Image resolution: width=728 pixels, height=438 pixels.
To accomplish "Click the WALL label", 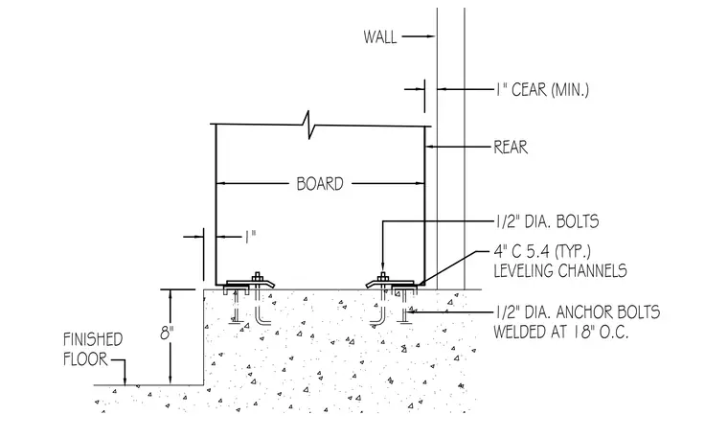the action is point(379,36).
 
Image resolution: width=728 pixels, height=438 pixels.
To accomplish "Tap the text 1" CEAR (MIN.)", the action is point(542,89).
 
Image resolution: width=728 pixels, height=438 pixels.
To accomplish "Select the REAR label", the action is point(511,148).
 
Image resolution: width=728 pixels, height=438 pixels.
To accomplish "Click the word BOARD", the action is point(320,184).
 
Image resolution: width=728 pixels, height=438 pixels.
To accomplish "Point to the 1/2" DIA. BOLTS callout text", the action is point(546,221).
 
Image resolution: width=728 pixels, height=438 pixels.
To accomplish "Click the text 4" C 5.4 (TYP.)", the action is point(542,251).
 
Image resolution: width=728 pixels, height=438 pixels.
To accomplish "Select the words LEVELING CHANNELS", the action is point(560,270).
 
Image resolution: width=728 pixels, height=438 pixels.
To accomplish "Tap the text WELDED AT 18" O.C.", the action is point(561,332).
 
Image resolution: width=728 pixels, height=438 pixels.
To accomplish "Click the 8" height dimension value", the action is point(166,333).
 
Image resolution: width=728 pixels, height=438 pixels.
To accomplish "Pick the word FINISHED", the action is point(93,339).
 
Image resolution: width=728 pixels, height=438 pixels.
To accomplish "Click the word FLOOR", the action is point(85,359).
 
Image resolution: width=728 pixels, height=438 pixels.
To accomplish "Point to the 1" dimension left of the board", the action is point(251,238).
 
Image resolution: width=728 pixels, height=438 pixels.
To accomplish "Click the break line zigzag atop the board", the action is point(308,125).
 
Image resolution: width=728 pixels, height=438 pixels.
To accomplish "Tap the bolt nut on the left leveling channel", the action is point(258,277).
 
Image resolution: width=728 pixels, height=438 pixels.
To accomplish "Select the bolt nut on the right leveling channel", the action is point(382,277).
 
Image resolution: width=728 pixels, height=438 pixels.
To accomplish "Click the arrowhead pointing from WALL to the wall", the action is point(431,36).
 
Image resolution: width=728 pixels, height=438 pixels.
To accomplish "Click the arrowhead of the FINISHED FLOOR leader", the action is point(125,380).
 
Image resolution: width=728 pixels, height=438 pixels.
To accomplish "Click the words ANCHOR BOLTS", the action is point(607,311).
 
